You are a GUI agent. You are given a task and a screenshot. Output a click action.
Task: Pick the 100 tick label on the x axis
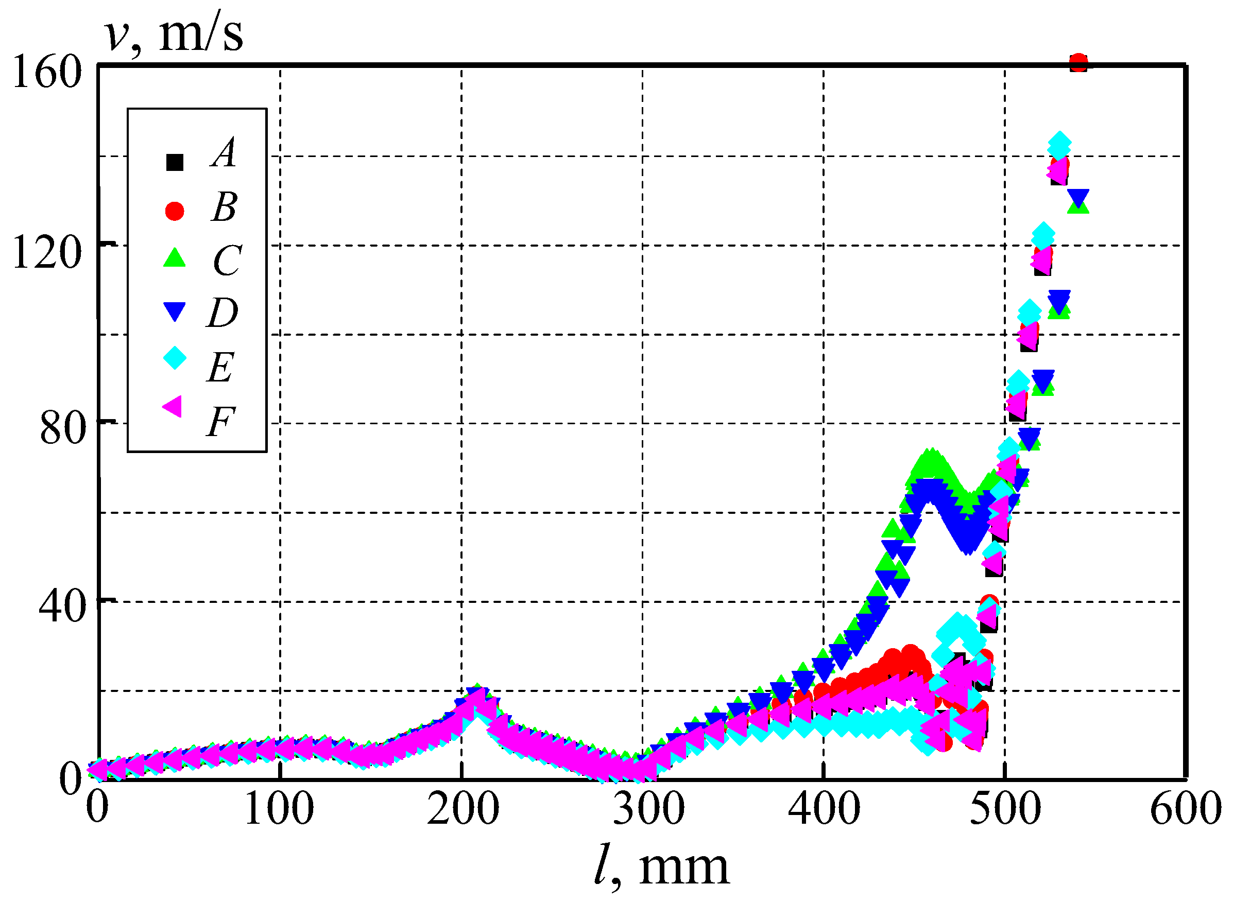click(279, 809)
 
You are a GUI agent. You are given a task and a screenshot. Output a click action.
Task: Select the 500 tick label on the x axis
click(1005, 809)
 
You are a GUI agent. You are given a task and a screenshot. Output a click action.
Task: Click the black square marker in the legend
click(175, 163)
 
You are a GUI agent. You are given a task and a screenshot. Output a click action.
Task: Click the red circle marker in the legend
click(175, 211)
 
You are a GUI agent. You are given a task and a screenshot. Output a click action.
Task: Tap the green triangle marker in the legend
click(175, 258)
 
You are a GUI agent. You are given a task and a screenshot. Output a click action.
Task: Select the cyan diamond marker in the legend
click(175, 358)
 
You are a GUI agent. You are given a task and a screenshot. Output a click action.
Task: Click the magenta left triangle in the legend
click(173, 407)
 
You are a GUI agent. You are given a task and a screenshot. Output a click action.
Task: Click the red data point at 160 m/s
click(1078, 63)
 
